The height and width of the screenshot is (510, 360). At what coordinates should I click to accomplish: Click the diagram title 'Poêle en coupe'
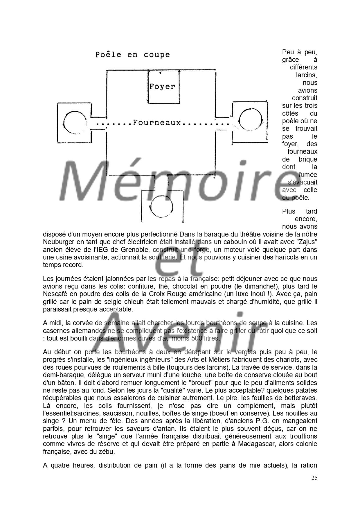tap(133, 55)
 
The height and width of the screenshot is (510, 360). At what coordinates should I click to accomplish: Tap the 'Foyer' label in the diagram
tap(162, 86)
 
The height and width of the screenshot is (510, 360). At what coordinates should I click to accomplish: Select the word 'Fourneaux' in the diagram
tap(157, 123)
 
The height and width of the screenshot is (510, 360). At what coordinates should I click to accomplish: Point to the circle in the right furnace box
tap(250, 119)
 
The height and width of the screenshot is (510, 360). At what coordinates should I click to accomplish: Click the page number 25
tap(314, 478)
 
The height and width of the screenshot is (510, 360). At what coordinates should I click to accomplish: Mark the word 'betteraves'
tap(302, 398)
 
